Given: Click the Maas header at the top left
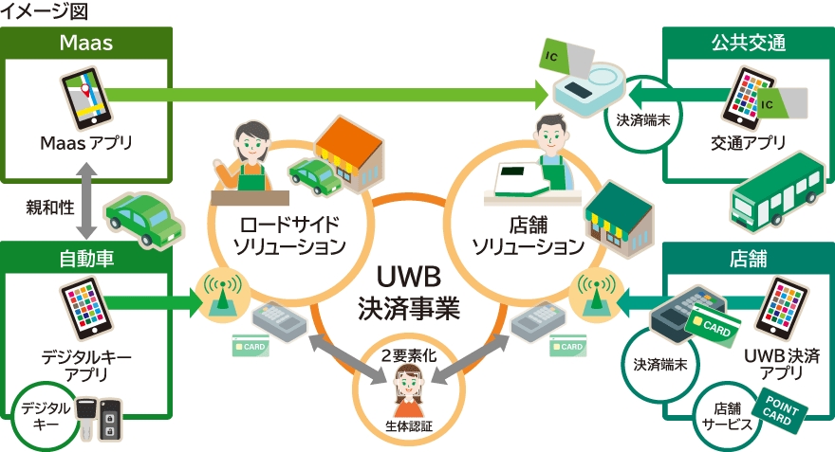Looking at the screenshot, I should [x=86, y=43].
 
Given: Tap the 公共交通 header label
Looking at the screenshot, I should [x=749, y=43].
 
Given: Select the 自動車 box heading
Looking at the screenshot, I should [x=86, y=258].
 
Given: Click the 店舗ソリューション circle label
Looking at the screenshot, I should [x=528, y=237].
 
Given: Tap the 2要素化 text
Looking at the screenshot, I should [x=409, y=357].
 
